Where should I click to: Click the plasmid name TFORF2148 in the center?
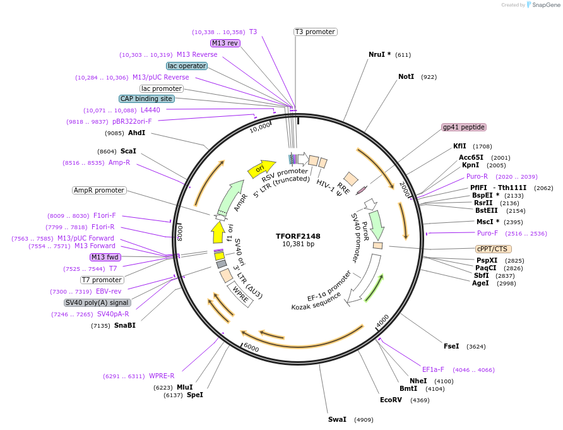pos(298,236)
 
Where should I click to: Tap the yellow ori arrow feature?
pos(261,168)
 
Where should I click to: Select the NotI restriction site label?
pos(406,76)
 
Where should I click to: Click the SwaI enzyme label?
pos(337,419)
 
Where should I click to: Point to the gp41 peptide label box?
pos(464,127)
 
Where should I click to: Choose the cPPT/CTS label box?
pos(492,249)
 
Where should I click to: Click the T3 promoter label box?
pos(316,32)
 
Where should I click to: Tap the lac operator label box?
pos(187,66)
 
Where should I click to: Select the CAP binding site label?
pos(146,99)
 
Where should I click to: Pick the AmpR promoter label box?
pos(99,190)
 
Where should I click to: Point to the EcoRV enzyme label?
pos(391,400)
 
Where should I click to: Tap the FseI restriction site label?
pos(451,346)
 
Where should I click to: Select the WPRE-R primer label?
pos(162,376)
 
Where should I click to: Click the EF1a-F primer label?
pos(433,369)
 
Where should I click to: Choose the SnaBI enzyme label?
pos(125,325)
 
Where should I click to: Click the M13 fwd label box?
pos(105,257)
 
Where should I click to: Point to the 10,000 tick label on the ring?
pos(259,128)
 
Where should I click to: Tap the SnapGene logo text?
pos(544,5)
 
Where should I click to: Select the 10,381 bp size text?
pos(298,244)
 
